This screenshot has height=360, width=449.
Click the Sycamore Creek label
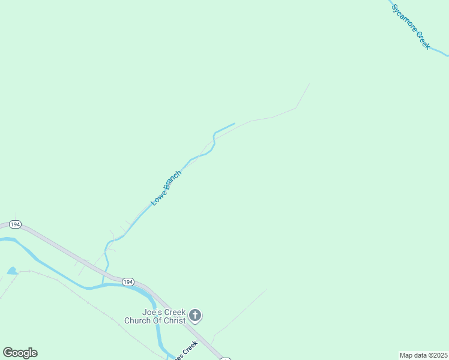coord(411,27)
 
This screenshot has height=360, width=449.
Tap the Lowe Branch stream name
coord(166,188)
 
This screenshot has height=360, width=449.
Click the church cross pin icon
coord(194,315)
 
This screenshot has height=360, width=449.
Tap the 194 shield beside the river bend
coord(127,282)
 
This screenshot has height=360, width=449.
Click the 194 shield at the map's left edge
coord(16,224)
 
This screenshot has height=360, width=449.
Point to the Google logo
coord(20,353)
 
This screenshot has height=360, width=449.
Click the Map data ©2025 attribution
coord(423,355)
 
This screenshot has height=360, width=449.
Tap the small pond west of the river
coord(12,271)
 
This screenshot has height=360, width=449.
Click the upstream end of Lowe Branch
coord(234,124)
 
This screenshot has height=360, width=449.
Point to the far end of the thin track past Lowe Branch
coord(309,84)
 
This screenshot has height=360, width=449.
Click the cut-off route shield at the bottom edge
coord(225,358)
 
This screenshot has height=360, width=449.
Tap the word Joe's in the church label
coord(153,312)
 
